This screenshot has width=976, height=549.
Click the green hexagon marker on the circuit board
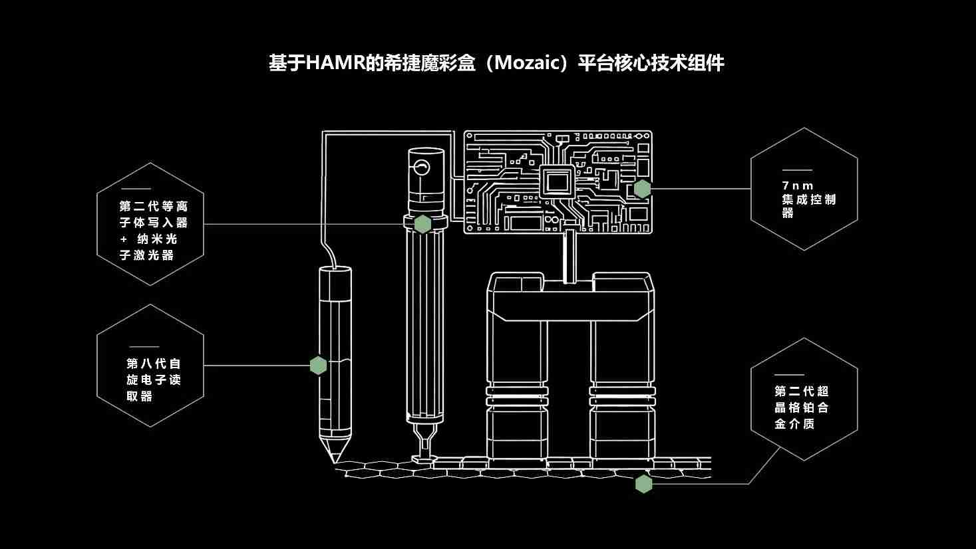click(642, 189)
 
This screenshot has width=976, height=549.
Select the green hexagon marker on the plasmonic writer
click(422, 224)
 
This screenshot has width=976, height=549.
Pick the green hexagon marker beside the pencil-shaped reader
click(318, 365)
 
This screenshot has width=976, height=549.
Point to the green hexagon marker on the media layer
click(643, 484)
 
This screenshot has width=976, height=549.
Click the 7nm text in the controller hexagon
click(798, 185)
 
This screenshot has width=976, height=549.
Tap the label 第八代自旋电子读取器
click(154, 380)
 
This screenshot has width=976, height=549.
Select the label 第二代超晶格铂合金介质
click(802, 407)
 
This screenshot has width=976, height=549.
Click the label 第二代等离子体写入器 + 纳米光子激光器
click(154, 230)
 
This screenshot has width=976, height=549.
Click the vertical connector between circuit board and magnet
click(569, 256)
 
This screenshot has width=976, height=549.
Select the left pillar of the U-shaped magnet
click(517, 372)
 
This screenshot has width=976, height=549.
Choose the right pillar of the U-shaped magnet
click(621, 372)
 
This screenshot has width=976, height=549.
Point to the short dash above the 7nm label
click(797, 171)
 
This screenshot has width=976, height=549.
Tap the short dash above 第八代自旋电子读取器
click(144, 347)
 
